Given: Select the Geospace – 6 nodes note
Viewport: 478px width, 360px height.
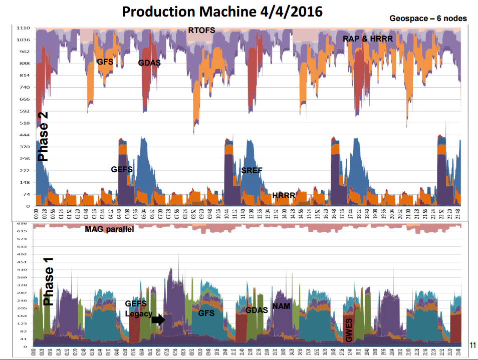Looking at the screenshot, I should (428, 19).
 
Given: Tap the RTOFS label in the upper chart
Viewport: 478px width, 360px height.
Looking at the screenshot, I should (201, 31).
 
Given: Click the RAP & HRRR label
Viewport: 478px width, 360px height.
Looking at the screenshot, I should (367, 39).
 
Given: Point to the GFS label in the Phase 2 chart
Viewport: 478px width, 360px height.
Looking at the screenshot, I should (104, 62).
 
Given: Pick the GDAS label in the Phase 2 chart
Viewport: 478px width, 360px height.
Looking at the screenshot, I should (149, 63).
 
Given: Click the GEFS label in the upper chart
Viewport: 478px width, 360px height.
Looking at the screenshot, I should (122, 170).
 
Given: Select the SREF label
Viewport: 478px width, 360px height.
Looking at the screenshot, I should (252, 171).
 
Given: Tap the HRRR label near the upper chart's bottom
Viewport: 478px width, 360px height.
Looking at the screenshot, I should (283, 195).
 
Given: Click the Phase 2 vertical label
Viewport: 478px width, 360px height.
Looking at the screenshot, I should (43, 136).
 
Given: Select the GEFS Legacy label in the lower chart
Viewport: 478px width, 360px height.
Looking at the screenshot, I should (136, 308).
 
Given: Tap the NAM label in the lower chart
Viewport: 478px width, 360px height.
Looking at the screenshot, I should (281, 306).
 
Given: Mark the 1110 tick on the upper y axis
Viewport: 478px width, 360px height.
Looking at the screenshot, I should (23, 28).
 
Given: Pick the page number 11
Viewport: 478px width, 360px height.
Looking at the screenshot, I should (472, 344).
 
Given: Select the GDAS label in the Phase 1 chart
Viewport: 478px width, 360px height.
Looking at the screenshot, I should (256, 310).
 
